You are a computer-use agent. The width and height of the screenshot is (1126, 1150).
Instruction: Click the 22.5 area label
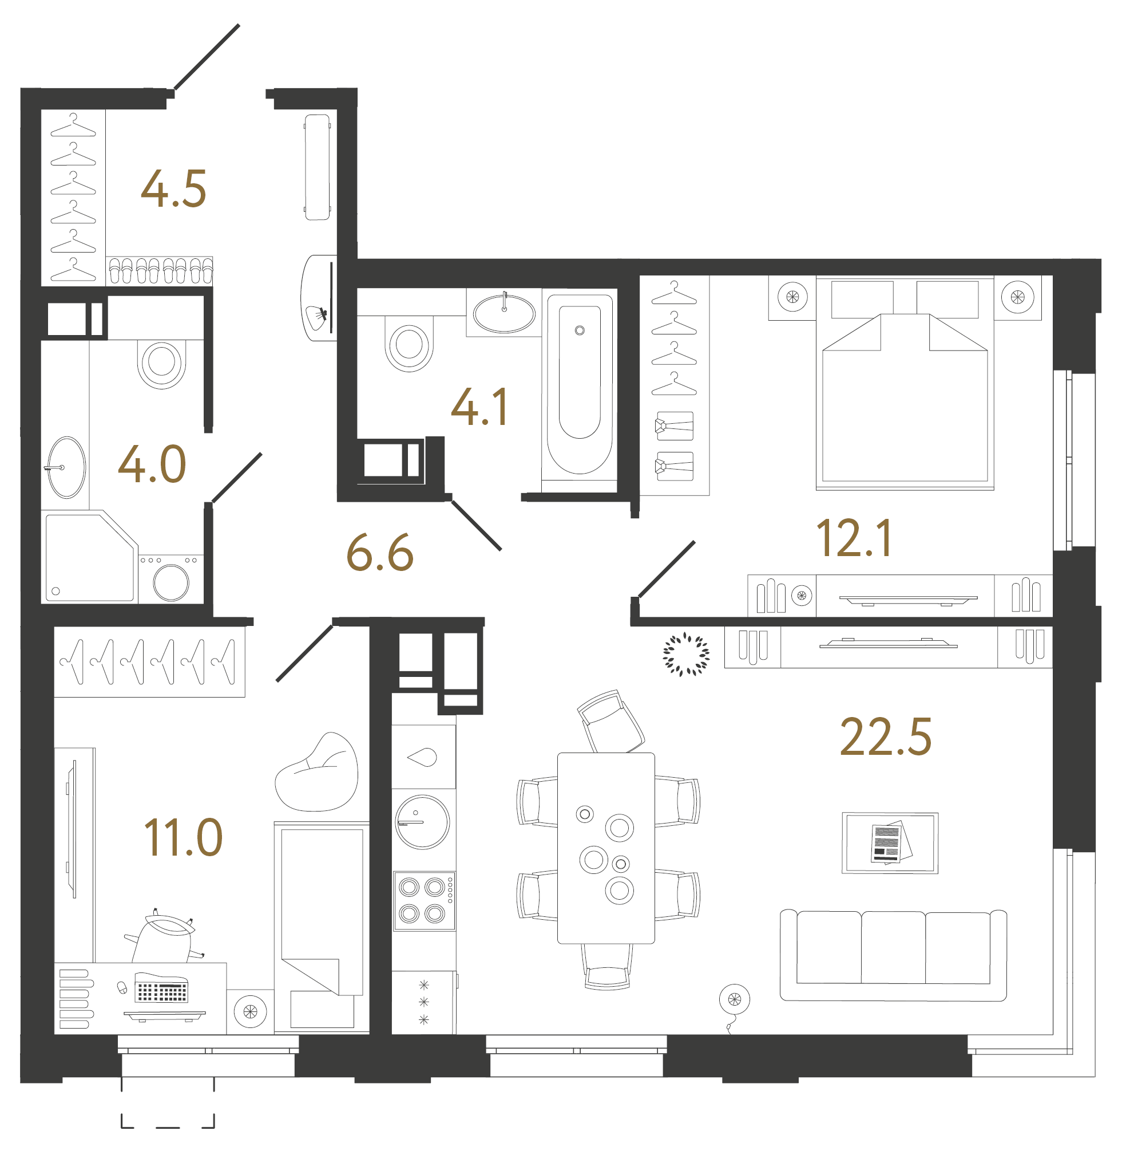(885, 738)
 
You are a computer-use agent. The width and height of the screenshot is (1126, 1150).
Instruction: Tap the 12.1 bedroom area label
(854, 538)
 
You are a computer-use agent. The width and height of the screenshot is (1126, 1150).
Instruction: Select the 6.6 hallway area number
(380, 553)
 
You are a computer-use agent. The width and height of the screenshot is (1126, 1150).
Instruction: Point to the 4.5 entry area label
(173, 190)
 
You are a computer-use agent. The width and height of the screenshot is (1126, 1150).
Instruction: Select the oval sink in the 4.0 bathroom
(66, 467)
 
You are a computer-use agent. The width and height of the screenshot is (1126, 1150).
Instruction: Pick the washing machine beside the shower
(171, 580)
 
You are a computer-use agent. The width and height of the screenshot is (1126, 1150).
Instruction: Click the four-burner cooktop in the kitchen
(423, 901)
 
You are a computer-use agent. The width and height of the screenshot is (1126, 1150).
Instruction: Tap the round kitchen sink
(422, 822)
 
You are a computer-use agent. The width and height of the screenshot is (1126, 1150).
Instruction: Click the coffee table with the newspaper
(890, 843)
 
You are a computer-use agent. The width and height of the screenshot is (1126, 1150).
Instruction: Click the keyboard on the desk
(161, 990)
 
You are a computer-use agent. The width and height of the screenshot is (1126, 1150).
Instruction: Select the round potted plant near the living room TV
(686, 654)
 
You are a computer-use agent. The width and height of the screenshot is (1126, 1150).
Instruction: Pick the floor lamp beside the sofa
(734, 1000)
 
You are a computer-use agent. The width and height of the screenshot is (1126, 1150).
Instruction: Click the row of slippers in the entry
(160, 271)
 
